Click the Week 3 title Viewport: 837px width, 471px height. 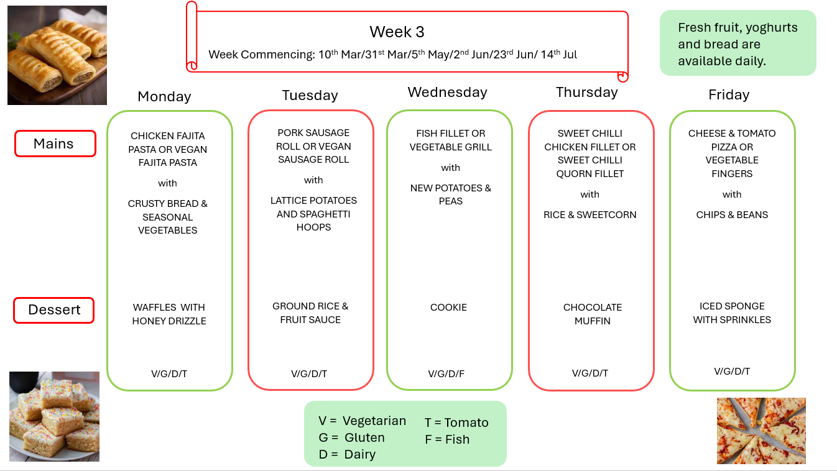pyautogui.click(x=397, y=32)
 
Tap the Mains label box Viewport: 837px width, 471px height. pyautogui.click(x=55, y=144)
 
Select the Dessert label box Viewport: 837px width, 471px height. pyautogui.click(x=54, y=310)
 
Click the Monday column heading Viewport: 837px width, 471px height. pyautogui.click(x=164, y=96)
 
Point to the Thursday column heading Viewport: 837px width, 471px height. pyautogui.click(x=586, y=92)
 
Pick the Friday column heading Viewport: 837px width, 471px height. pyautogui.click(x=729, y=95)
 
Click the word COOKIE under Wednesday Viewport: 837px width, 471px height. pyautogui.click(x=448, y=308)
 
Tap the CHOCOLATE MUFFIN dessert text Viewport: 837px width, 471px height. pyautogui.click(x=592, y=314)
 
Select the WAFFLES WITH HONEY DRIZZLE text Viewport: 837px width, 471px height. pyautogui.click(x=169, y=314)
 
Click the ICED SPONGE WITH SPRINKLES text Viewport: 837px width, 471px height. pyautogui.click(x=732, y=313)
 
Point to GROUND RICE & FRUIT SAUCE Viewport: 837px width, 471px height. pyautogui.click(x=310, y=313)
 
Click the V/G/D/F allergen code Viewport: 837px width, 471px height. pyautogui.click(x=446, y=374)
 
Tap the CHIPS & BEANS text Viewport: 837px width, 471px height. pyautogui.click(x=732, y=215)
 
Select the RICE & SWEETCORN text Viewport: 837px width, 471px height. pyautogui.click(x=590, y=215)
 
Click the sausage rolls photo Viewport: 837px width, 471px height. pyautogui.click(x=57, y=55)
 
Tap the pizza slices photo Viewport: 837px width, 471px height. pyautogui.click(x=761, y=431)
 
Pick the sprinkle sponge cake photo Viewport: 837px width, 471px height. pyautogui.click(x=54, y=416)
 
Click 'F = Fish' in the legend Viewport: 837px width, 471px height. pyautogui.click(x=447, y=440)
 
